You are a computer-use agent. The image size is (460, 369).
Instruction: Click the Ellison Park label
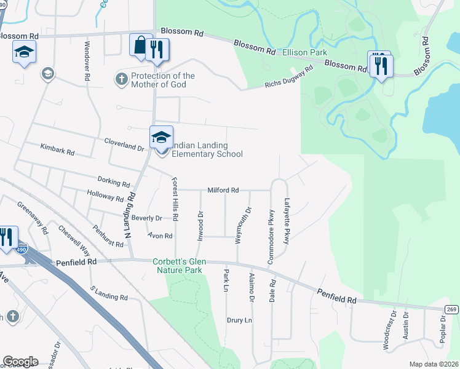pos(304,53)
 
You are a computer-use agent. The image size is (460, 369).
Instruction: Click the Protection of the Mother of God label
pos(162,80)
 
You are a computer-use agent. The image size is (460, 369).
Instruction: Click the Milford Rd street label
pos(223,191)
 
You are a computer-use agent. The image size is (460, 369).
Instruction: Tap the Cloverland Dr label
pos(124,148)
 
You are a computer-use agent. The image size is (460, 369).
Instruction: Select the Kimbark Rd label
pos(57,150)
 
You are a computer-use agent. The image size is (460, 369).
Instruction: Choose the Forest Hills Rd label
pos(175,199)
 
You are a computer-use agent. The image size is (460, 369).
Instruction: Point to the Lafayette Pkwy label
pos(287,220)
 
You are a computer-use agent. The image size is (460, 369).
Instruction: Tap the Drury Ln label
pos(240,320)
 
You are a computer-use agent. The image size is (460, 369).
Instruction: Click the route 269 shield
pos(451,308)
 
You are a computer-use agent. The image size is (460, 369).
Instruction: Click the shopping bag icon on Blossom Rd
pos(140,46)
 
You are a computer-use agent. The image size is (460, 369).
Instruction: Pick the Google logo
pos(20,362)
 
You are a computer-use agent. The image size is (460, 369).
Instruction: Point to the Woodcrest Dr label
pos(387,332)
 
